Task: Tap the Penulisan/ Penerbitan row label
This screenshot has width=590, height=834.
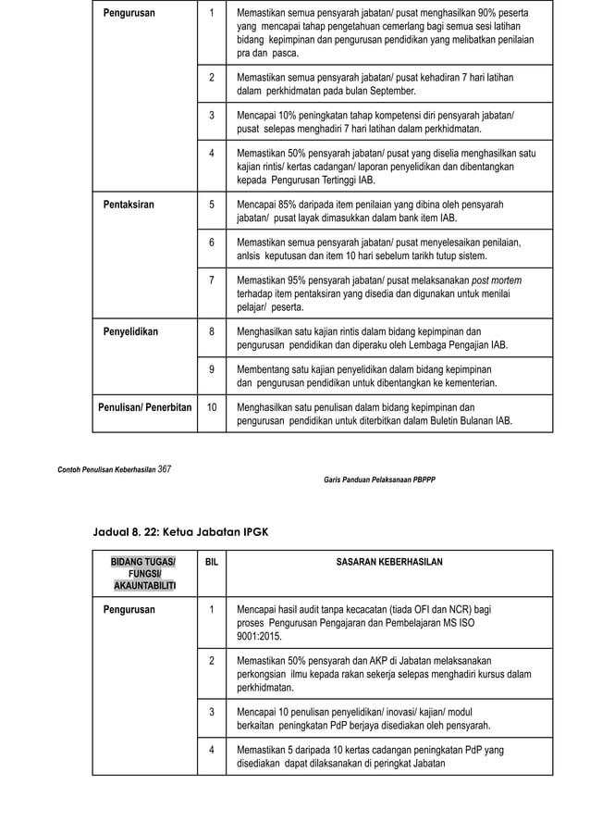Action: click(145, 406)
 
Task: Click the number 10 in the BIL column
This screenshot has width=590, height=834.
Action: click(212, 406)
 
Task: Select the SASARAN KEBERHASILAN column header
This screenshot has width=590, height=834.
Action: click(388, 562)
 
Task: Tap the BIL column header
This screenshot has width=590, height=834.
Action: click(212, 562)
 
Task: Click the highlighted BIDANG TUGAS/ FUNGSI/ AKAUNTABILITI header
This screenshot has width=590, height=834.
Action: click(143, 574)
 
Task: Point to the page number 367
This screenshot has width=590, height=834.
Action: click(164, 468)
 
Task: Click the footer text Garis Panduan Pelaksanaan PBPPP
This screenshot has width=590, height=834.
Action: click(379, 479)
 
